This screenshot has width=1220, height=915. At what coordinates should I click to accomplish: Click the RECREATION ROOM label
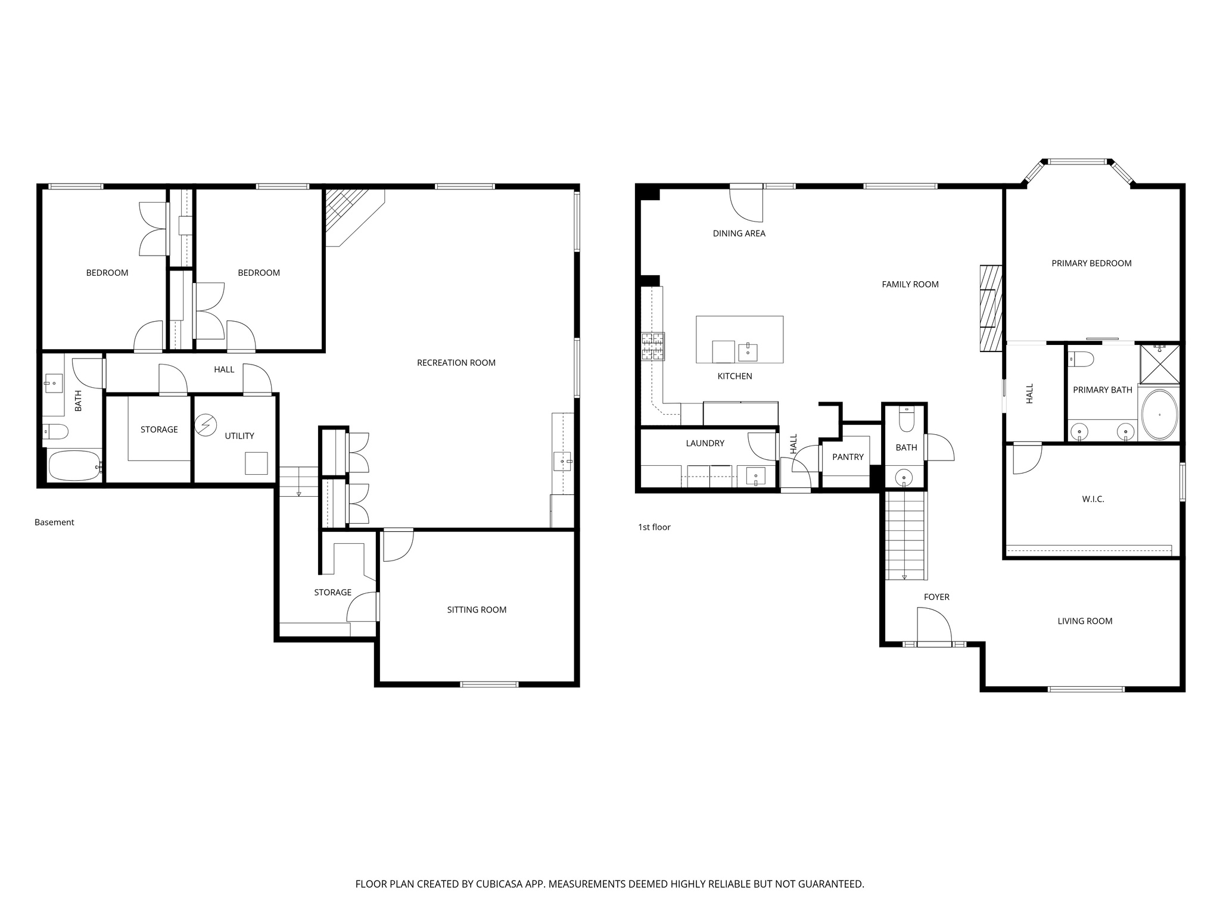tap(456, 363)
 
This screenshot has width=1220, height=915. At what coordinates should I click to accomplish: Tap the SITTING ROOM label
tap(477, 609)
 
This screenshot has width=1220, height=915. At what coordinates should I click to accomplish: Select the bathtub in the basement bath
tap(74, 465)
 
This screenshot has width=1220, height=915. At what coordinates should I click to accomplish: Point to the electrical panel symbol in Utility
tap(206, 424)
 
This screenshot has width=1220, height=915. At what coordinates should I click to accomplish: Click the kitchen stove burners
tap(652, 347)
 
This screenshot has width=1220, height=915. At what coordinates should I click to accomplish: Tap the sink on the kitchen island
tap(748, 351)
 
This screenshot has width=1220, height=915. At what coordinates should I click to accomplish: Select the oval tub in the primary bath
tap(1159, 415)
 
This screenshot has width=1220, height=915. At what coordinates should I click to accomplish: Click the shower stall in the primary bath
tap(1159, 363)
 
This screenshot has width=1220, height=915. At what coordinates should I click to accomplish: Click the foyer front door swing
tap(933, 625)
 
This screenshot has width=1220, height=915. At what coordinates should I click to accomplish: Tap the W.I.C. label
tap(1093, 499)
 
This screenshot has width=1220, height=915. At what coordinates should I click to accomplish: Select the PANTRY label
tap(848, 457)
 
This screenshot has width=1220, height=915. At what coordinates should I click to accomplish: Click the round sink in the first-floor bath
tap(904, 477)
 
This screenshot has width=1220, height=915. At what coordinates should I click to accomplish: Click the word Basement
tap(54, 522)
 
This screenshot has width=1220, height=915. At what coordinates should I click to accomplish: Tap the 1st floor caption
tap(654, 527)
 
